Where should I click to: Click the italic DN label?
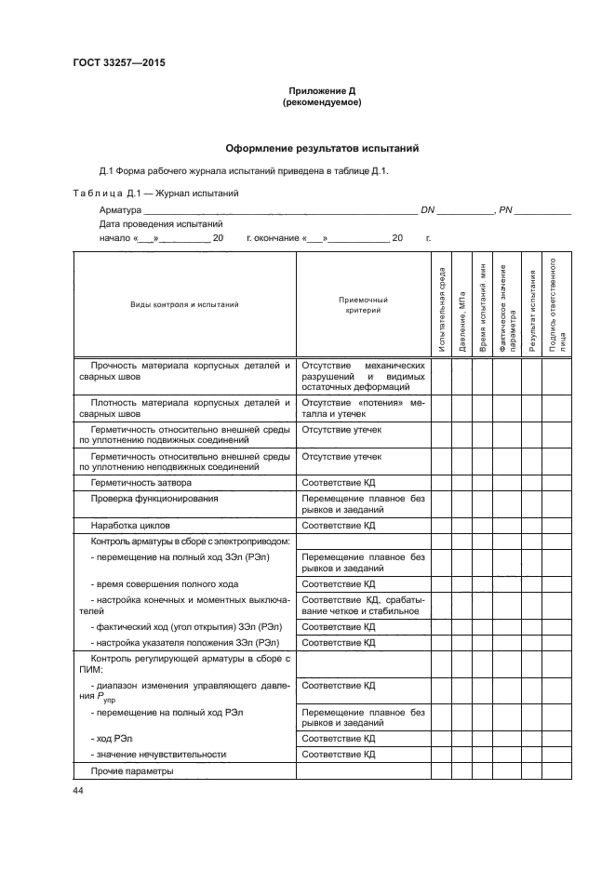(428, 211)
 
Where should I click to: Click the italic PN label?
(506, 211)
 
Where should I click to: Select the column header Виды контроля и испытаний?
(184, 304)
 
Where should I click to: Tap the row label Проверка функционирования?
(154, 499)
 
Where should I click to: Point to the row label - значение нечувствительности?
(159, 755)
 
